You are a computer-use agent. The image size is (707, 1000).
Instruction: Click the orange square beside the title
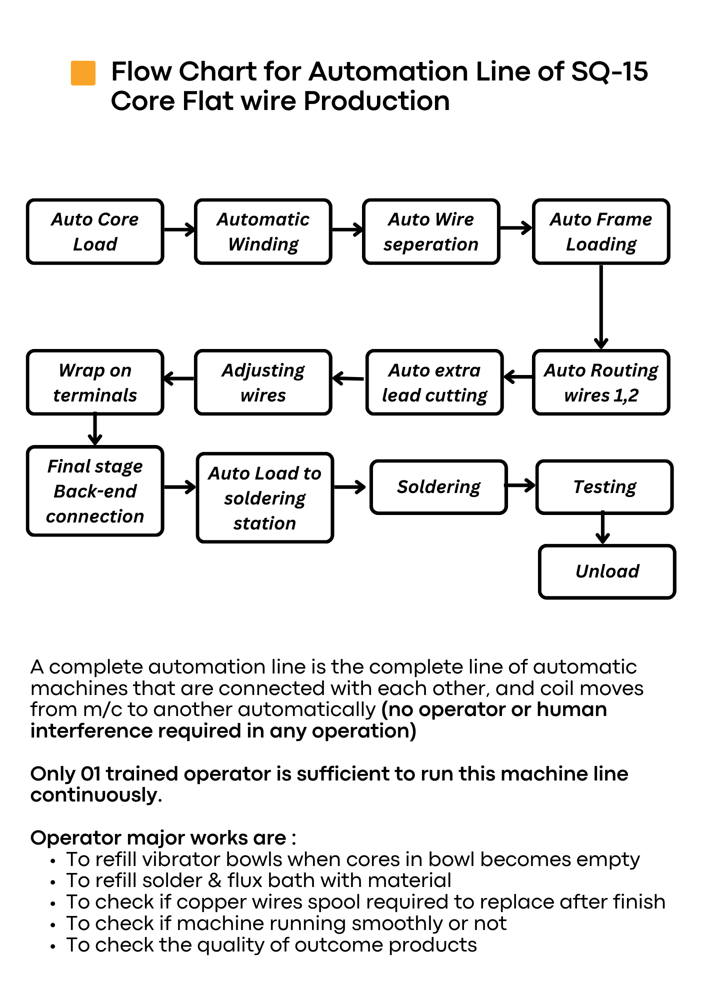[83, 73]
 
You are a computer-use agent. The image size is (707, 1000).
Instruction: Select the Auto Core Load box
[95, 231]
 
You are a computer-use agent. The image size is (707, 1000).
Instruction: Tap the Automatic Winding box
[263, 231]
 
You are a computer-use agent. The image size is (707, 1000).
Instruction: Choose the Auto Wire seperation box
[431, 231]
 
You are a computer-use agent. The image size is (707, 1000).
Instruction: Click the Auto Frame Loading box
[601, 231]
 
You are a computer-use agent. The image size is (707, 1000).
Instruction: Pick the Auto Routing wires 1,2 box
[601, 382]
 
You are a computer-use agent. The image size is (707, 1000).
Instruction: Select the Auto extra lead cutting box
[434, 382]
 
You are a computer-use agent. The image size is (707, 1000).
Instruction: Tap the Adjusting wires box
[263, 382]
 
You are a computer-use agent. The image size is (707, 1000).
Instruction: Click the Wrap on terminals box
[95, 382]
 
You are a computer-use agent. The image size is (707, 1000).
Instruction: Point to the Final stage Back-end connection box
[95, 491]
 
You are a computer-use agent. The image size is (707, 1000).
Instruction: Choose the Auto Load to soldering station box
[265, 498]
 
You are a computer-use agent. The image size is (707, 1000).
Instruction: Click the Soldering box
[438, 487]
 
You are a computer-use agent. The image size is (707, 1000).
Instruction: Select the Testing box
[604, 487]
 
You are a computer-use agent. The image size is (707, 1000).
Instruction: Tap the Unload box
[607, 571]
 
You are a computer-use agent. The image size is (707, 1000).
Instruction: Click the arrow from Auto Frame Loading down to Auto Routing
[601, 306]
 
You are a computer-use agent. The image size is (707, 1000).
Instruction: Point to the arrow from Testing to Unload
[603, 528]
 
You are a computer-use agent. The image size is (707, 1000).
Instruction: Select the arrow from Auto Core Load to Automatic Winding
[179, 229]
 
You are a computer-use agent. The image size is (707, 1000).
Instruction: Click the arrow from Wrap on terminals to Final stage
[95, 429]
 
